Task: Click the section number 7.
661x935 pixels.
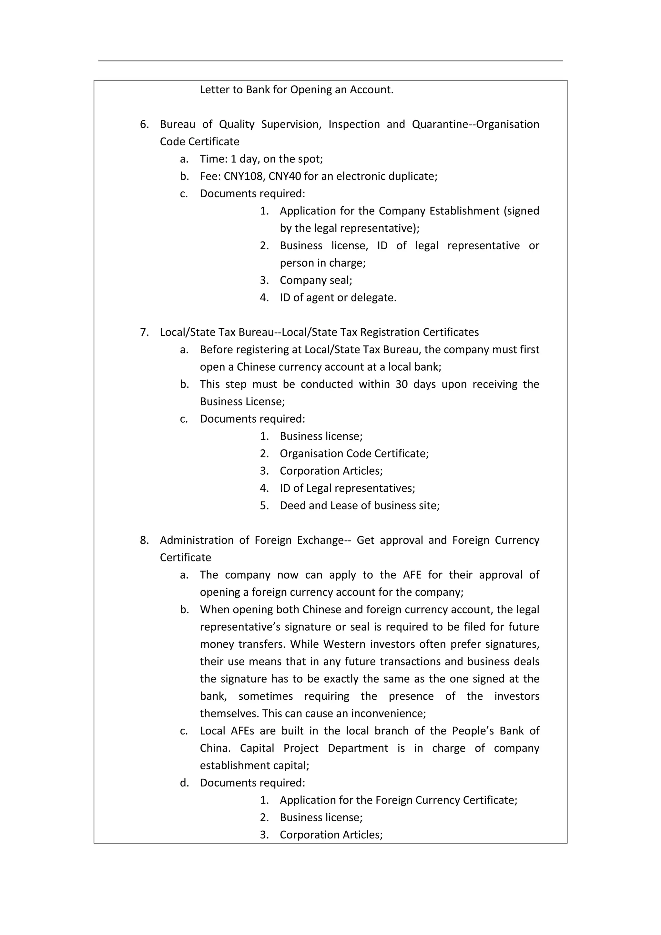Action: tap(144, 332)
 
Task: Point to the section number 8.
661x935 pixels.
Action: tap(144, 540)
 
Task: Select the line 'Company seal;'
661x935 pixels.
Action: tap(316, 280)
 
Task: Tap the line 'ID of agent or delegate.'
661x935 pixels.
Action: tap(338, 298)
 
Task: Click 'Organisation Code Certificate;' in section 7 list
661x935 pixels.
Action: tap(354, 454)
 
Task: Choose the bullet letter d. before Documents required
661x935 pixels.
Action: tap(184, 783)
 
